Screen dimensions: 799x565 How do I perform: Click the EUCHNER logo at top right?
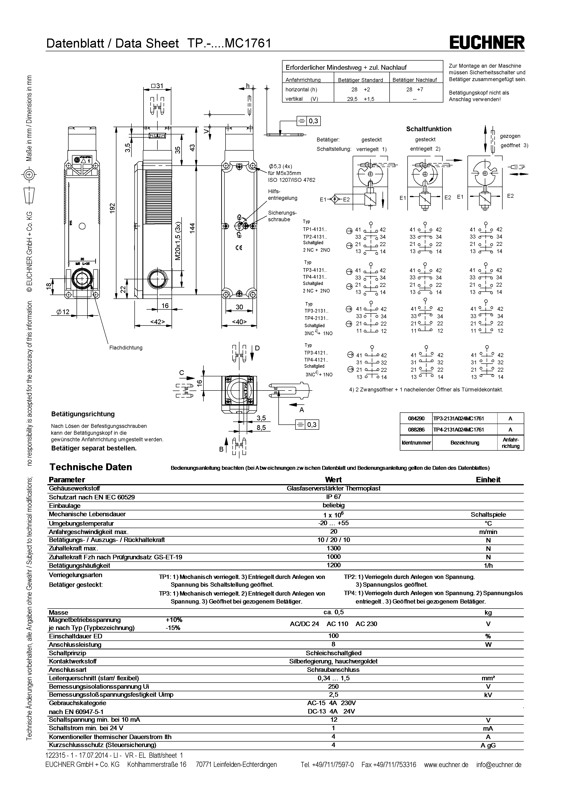tap(487, 43)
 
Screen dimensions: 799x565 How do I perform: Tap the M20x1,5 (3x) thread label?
tap(178, 240)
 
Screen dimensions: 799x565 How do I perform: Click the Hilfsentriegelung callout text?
tap(282, 195)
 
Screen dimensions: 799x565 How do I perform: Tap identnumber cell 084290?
tap(416, 419)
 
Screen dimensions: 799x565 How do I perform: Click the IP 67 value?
tap(333, 497)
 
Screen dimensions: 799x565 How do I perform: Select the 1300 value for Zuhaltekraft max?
tap(333, 548)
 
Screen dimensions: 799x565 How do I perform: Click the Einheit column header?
tap(488, 480)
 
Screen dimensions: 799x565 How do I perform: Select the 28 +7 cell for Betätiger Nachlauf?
tap(414, 90)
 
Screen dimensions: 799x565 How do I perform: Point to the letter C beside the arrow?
tap(182, 373)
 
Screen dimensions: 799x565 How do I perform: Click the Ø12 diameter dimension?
tap(63, 312)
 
